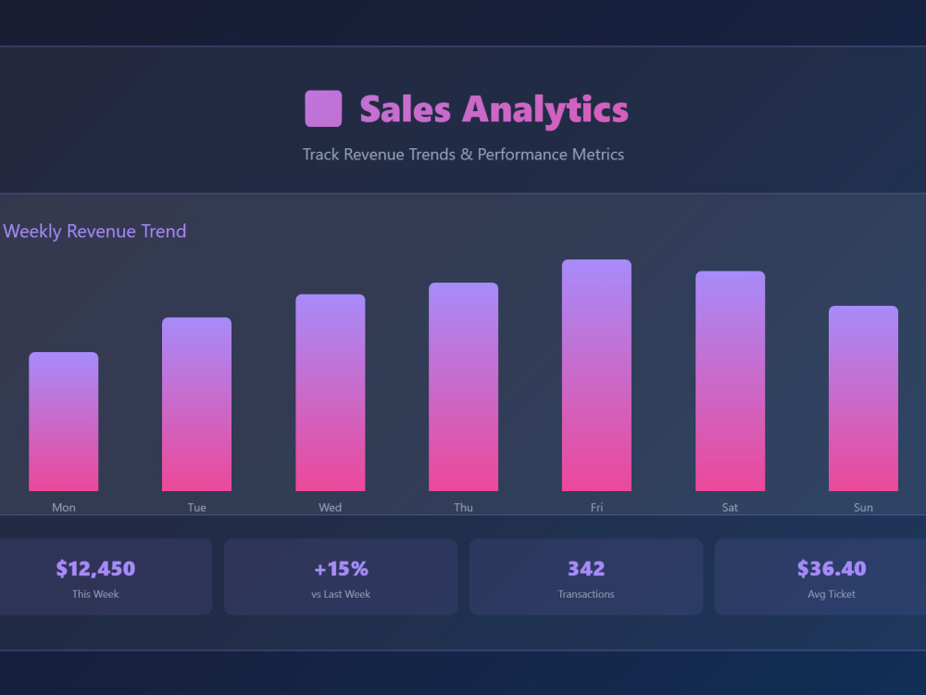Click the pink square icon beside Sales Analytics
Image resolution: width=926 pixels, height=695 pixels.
[323, 108]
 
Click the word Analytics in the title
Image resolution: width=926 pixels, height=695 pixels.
[545, 110]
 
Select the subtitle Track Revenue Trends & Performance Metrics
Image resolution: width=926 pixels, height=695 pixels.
[463, 154]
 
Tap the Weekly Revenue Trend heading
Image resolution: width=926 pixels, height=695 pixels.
[94, 231]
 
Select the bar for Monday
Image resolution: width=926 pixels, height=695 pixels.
[64, 422]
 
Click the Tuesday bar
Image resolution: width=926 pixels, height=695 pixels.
[196, 404]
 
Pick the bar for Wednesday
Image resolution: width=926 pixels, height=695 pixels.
[331, 392]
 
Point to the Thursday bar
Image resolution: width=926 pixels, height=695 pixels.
[464, 386]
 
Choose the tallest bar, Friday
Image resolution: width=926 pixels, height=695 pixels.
[596, 375]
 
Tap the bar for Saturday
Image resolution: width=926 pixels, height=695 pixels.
[730, 381]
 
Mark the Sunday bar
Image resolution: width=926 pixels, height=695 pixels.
[863, 398]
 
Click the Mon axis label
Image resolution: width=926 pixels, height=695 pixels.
[64, 507]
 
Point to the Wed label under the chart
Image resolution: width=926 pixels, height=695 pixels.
[331, 507]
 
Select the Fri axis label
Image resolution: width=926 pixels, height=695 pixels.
[596, 507]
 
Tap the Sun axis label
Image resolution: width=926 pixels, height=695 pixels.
[863, 507]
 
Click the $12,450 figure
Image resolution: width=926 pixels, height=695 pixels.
[95, 569]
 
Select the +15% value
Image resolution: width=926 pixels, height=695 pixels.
[341, 569]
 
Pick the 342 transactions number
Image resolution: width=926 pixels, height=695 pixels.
[586, 569]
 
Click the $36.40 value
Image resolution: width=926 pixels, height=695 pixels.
[832, 569]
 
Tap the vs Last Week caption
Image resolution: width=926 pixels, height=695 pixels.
[341, 594]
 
